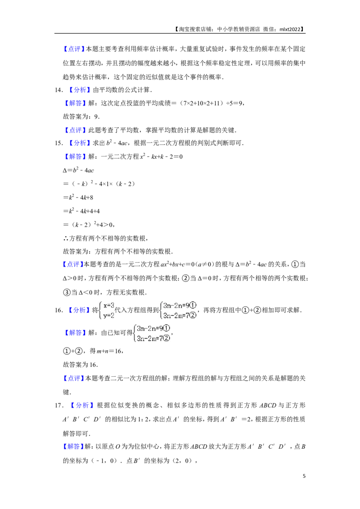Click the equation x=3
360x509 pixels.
tap(109, 305)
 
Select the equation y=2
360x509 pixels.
tap(109, 316)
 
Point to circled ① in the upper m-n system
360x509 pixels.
tap(193, 305)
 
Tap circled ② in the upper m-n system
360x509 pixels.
tap(193, 315)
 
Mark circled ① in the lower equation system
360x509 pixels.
tap(167, 328)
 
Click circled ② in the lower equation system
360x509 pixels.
tap(167, 339)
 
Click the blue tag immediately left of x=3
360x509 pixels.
tap(79, 310)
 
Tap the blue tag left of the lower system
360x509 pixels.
tap(75, 333)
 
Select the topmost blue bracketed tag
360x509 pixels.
tap(73, 49)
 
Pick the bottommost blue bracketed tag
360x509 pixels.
tap(73, 446)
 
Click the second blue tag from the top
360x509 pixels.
tap(79, 90)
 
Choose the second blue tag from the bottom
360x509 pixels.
tap(81, 406)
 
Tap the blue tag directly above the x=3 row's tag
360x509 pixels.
tap(73, 264)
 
